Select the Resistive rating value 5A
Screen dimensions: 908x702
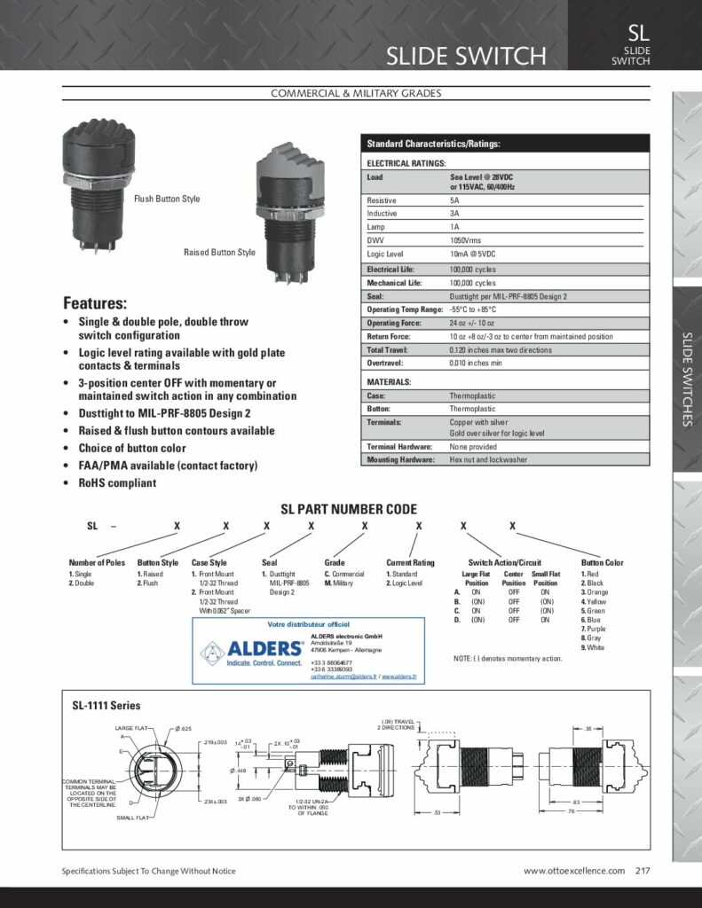[x=454, y=200]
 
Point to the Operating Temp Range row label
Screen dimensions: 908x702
[x=405, y=309]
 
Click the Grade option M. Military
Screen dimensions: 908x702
[x=342, y=583]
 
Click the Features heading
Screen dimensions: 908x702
[x=95, y=302]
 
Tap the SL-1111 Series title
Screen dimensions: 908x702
[x=106, y=706]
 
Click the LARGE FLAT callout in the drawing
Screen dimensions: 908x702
[x=133, y=728]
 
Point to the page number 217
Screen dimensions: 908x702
[x=643, y=871]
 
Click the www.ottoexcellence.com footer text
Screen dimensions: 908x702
[x=573, y=871]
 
